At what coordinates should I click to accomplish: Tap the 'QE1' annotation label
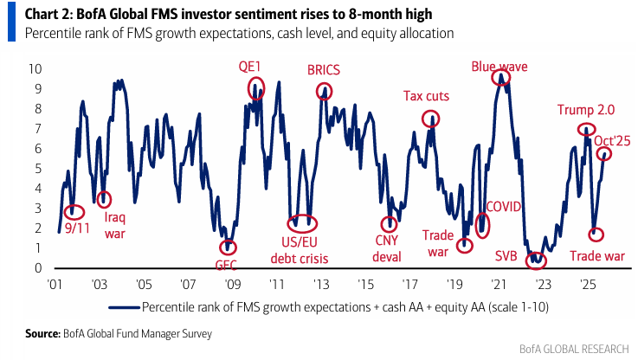pyautogui.click(x=249, y=67)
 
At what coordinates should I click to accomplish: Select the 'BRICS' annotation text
pyautogui.click(x=324, y=70)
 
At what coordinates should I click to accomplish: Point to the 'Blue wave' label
pyautogui.click(x=499, y=67)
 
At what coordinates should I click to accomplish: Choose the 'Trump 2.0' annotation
pyautogui.click(x=586, y=110)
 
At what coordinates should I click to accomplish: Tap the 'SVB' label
pyautogui.click(x=506, y=256)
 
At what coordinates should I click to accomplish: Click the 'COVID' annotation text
pyautogui.click(x=504, y=207)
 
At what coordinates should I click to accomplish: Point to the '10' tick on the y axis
pyautogui.click(x=35, y=68)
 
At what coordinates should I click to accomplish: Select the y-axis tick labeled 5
pyautogui.click(x=38, y=169)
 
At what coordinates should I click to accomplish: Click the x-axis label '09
pyautogui.click(x=232, y=284)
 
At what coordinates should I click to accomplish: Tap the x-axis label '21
pyautogui.click(x=499, y=284)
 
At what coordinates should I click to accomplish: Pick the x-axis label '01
pyautogui.click(x=55, y=284)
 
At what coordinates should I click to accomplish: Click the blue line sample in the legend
pyautogui.click(x=124, y=307)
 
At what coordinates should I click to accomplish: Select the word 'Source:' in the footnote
pyautogui.click(x=42, y=333)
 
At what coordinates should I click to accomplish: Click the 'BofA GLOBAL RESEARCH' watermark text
pyautogui.click(x=574, y=349)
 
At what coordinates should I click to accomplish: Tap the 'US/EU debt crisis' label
pyautogui.click(x=300, y=250)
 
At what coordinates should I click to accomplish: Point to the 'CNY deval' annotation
pyautogui.click(x=387, y=248)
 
